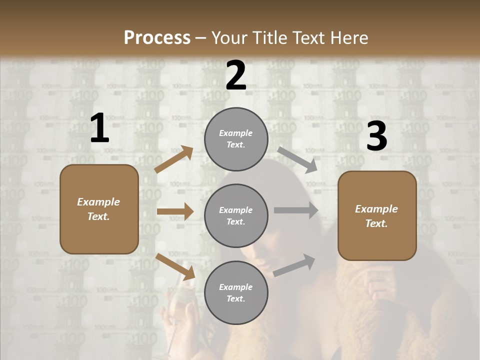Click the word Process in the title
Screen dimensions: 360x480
(157, 38)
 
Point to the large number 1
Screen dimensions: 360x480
(99, 129)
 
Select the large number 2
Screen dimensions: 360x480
(236, 76)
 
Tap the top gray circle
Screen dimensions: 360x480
(236, 139)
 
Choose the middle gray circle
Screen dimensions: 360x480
(236, 216)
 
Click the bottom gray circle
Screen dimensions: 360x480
(236, 293)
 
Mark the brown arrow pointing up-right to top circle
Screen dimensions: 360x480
(174, 159)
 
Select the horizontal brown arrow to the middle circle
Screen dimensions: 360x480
(175, 211)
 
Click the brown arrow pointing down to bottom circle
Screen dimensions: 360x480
(175, 266)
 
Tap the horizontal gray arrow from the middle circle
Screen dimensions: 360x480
(296, 210)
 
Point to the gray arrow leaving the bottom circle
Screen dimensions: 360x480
(294, 265)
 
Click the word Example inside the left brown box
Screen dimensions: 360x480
(98, 202)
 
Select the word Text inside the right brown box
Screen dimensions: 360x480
(376, 223)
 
